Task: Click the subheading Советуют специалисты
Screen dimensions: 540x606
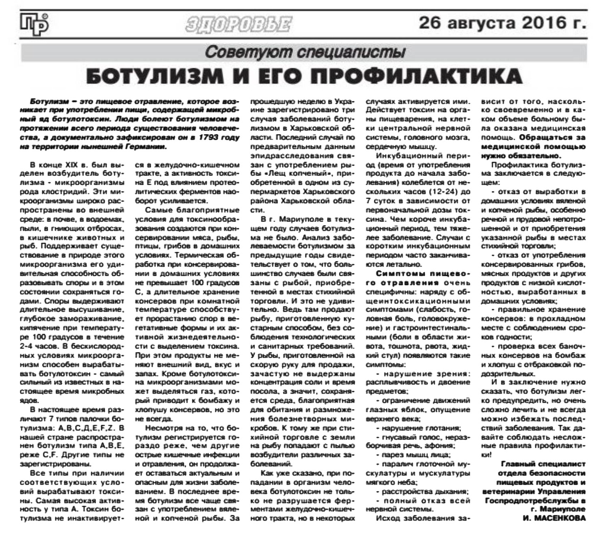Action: pos(305,52)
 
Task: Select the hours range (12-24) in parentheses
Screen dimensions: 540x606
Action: pos(438,191)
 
